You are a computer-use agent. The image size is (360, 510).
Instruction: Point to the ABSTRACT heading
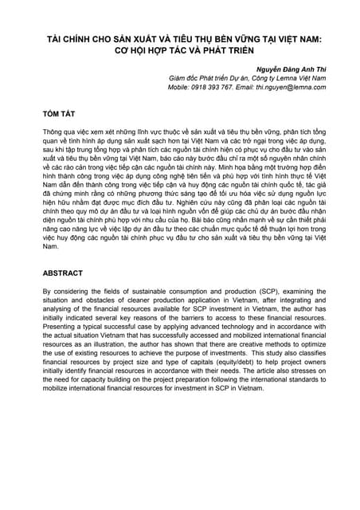click(x=64, y=273)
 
